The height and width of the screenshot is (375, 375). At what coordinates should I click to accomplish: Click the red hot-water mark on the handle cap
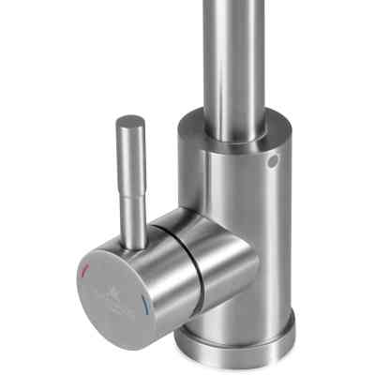point(86,272)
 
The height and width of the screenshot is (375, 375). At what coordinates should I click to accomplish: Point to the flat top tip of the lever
point(130,121)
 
